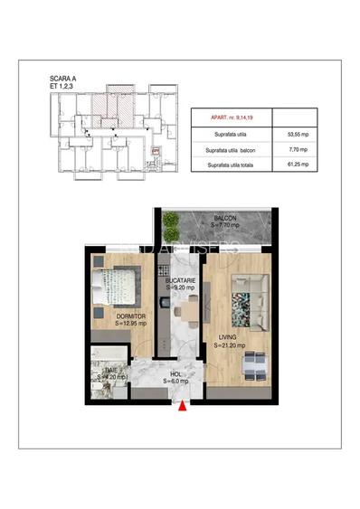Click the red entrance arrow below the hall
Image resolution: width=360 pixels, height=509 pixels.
[185, 407]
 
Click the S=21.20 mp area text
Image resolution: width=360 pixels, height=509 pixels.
[229, 345]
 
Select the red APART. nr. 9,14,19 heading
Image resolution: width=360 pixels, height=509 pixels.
[230, 117]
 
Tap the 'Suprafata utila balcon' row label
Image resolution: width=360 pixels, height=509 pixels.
[232, 148]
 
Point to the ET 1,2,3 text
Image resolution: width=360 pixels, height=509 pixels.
[64, 87]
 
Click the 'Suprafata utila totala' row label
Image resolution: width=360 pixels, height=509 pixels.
[231, 165]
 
